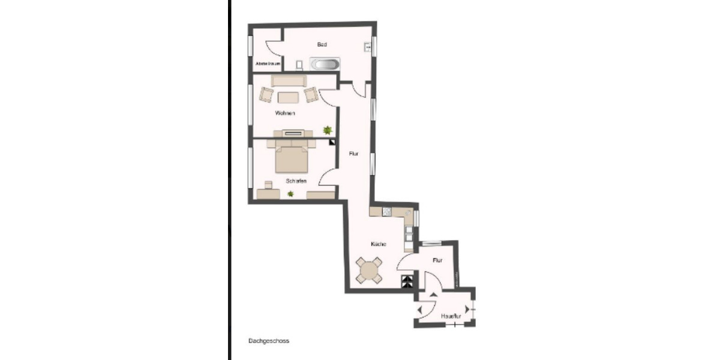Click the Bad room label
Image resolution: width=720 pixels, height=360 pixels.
coord(322,44)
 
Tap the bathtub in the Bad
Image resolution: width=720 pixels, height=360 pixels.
coord(325,64)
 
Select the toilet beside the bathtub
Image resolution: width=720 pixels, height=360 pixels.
coord(299,64)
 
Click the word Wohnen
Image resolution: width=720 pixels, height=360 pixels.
coord(285,113)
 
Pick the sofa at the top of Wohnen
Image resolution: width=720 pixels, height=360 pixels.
coord(289,80)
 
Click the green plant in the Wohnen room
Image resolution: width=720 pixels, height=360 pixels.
coord(328,130)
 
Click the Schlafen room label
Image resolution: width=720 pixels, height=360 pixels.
coord(296,181)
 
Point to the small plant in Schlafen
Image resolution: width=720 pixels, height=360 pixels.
coord(291,193)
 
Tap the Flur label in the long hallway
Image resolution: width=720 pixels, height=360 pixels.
coord(354,154)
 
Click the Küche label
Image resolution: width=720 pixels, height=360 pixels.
coord(378,244)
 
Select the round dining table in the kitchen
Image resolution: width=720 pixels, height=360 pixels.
coord(368,269)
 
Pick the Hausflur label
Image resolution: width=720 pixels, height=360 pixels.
coord(450,316)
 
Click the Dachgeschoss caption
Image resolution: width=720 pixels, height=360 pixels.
coord(269,341)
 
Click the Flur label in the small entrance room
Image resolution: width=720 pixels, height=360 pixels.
coord(437,260)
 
